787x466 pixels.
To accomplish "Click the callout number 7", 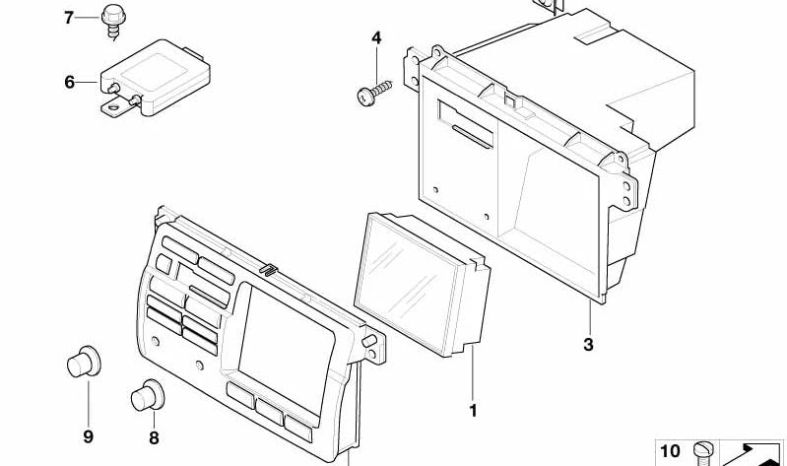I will (x=69, y=17).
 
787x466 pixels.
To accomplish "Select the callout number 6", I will (x=69, y=82).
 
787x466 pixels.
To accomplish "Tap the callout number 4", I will (x=375, y=37).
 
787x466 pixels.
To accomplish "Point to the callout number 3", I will (x=588, y=344).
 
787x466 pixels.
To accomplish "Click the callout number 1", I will (x=472, y=410).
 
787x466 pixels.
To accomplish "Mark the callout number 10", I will (x=670, y=451).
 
